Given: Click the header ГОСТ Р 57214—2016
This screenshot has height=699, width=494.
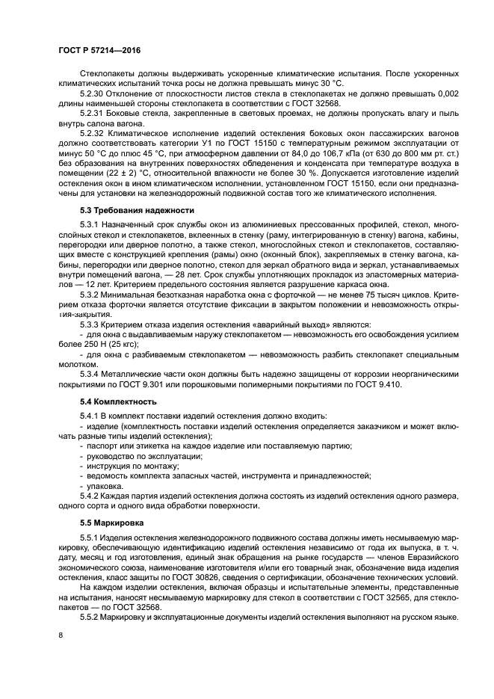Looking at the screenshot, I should pos(99,49).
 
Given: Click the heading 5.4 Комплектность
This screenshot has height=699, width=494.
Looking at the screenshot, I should pos(114,401).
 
